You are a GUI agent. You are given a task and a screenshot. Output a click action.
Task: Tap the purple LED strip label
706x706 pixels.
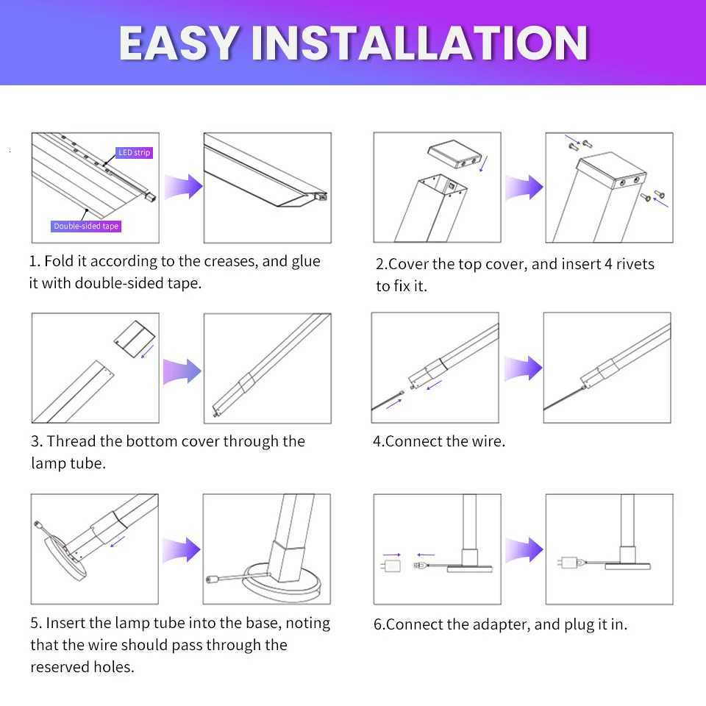click(x=135, y=152)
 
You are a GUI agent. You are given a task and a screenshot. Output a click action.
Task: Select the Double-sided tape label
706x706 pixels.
click(x=86, y=226)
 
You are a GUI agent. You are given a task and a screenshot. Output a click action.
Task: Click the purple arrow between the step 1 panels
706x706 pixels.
click(x=183, y=187)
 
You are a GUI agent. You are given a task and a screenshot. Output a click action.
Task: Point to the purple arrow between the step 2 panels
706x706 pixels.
click(x=524, y=187)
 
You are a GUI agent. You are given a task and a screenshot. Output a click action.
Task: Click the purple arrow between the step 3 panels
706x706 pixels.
click(x=182, y=370)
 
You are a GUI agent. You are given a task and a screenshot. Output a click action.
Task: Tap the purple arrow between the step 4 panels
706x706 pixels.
click(x=523, y=368)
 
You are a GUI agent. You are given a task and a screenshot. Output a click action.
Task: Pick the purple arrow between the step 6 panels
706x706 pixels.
click(x=524, y=549)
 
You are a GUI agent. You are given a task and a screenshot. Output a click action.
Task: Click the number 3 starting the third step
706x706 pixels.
click(x=35, y=441)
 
